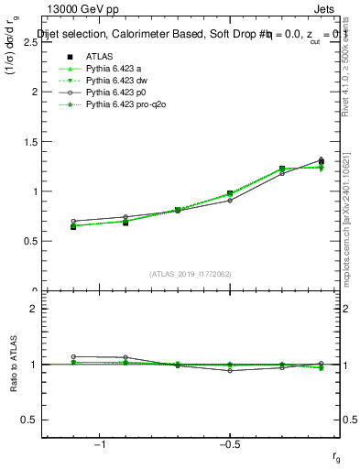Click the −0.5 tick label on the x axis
229,443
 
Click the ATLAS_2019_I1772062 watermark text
191,273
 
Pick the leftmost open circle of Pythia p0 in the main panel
73,221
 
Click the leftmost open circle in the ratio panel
73,356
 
